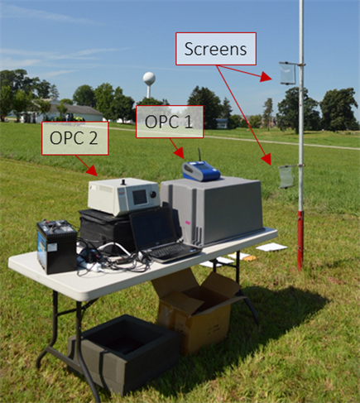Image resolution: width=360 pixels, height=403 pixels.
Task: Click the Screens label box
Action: click(x=216, y=49)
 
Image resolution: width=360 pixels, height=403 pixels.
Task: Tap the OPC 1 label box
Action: click(x=170, y=122)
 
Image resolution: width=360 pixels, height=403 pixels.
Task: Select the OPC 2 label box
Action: click(x=74, y=138)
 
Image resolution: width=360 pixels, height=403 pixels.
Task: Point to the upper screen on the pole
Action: click(x=287, y=74)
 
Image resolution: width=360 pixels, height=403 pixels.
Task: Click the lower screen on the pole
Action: click(x=286, y=177)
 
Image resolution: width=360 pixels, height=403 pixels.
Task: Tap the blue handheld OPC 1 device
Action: click(x=201, y=171)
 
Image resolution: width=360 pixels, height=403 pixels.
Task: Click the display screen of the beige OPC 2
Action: click(x=140, y=197)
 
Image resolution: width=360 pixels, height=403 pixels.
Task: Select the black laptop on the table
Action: click(x=163, y=234)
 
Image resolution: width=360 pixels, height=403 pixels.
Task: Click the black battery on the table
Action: click(x=56, y=247)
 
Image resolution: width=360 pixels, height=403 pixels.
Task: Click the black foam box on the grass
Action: click(x=123, y=353)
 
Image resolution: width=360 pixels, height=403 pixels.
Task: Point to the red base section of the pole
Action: click(x=300, y=240)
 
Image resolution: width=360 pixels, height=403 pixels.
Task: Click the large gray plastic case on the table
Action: click(x=212, y=210)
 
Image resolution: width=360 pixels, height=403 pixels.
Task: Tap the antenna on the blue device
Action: click(x=199, y=156)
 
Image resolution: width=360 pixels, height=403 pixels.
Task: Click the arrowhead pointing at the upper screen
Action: click(x=266, y=76)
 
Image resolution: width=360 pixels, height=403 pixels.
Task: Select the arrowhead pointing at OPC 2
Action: click(x=92, y=170)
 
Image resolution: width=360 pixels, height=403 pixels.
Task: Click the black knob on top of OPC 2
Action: click(x=124, y=182)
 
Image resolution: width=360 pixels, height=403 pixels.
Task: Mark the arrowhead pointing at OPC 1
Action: click(x=180, y=153)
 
